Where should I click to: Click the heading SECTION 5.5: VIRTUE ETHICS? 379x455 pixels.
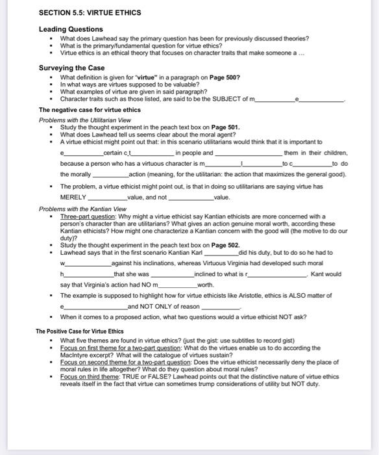pos(90,12)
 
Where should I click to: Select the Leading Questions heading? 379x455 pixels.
pos(71,29)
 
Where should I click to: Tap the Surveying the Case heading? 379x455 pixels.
pos(71,68)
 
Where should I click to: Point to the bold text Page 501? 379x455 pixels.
pos(225,127)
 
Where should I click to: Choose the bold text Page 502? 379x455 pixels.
pos(225,245)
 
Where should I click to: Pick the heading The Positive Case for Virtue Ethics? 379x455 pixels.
pos(80,331)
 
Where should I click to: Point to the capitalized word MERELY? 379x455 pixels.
pos(73,196)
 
